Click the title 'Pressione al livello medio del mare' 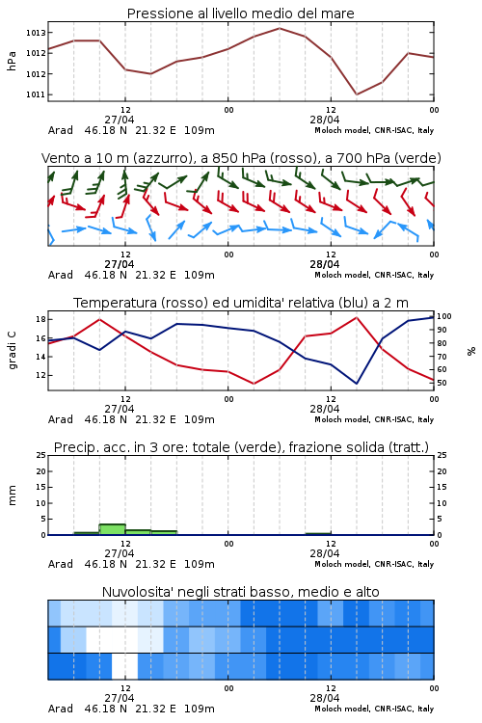240,13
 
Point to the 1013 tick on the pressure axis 35,33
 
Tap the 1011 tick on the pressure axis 35,94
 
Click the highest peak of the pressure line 279,28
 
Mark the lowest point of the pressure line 356,94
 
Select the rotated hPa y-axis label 12,61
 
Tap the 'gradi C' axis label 12,351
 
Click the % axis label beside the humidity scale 471,351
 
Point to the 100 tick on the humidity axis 444,316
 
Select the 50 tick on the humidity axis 442,383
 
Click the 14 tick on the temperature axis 40,357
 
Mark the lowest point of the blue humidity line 356,384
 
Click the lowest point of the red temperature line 254,384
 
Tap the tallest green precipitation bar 113,529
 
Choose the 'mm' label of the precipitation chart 12,495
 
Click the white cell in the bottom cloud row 125,666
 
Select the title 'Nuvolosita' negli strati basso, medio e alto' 240,592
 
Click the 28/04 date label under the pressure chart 325,120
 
